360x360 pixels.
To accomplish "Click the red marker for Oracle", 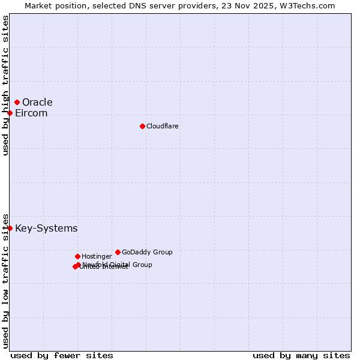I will pos(17,103).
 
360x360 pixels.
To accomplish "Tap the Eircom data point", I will pos(10,113).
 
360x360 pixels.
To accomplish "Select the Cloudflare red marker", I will pos(142,126).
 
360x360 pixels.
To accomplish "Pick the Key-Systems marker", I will pos(10,229).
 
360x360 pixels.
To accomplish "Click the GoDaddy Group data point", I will pos(118,253).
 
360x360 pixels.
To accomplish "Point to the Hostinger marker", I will pos(77,257).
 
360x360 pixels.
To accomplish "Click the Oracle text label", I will pos(37,103).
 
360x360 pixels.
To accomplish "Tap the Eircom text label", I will pos(31,113).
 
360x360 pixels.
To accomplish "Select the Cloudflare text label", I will pos(163,127).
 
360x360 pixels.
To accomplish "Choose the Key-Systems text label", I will pos(46,229).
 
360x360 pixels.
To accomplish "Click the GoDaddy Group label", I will pos(147,253).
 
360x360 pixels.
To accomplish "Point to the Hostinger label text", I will pos(97,257).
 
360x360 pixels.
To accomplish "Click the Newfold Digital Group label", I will pos(118,265).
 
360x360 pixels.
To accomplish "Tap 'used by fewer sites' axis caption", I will pos(62,355).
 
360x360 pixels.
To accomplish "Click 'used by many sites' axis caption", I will pos(301,355).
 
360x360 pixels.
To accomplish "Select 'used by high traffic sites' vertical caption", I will pos(6,85).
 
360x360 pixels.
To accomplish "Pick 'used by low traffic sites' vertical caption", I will pos(6,281).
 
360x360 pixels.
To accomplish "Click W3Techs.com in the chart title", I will pos(309,5).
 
